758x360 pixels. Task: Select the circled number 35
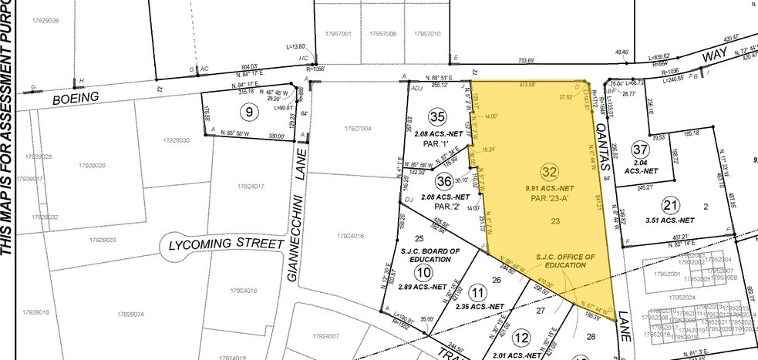click(x=438, y=118)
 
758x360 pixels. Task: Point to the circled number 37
click(x=640, y=149)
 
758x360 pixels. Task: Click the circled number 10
click(x=423, y=272)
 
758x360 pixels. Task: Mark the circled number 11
click(x=479, y=292)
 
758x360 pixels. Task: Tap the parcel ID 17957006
click(x=382, y=34)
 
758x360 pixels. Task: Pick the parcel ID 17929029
click(x=92, y=166)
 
